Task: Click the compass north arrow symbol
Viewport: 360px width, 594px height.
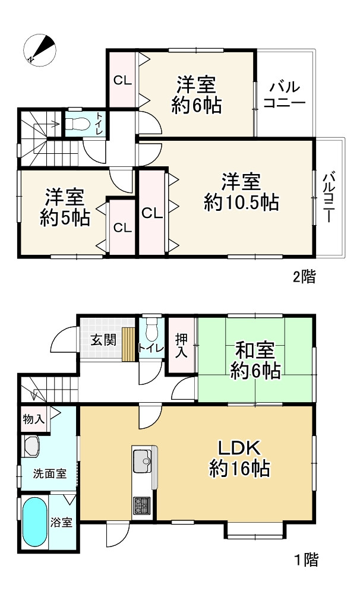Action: click(x=40, y=49)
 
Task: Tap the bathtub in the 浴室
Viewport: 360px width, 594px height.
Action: click(x=35, y=522)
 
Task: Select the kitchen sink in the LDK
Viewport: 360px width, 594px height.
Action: click(x=143, y=460)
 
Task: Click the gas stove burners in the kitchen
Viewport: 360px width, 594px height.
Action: click(x=143, y=505)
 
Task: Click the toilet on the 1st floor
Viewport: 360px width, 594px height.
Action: click(x=152, y=328)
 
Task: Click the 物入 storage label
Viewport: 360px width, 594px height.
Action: click(x=33, y=419)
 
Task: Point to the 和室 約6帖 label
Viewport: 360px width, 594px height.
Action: click(x=255, y=359)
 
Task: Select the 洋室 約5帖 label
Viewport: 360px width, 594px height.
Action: click(x=65, y=208)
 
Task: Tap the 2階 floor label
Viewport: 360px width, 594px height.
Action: click(x=304, y=276)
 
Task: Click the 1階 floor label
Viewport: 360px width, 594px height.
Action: click(x=307, y=559)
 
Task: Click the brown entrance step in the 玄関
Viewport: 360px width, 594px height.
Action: click(x=128, y=344)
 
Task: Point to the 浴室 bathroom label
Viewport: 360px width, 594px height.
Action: click(x=61, y=523)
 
